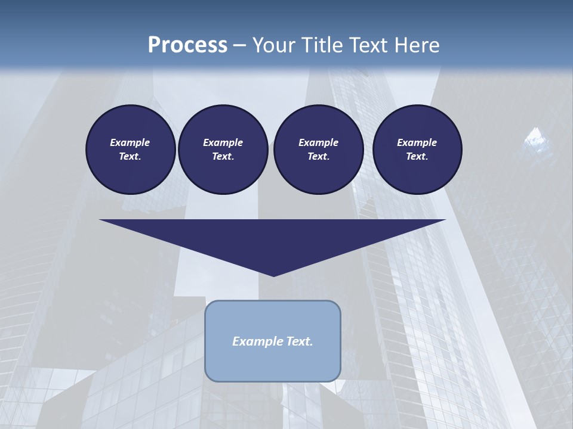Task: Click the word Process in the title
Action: pos(187,45)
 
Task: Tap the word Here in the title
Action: pos(415,45)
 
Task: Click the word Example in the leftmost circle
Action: pos(130,142)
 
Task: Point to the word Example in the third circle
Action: pos(318,142)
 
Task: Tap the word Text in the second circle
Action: pos(222,157)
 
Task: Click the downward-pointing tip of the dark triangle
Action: pos(273,275)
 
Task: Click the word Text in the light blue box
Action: pos(298,341)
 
